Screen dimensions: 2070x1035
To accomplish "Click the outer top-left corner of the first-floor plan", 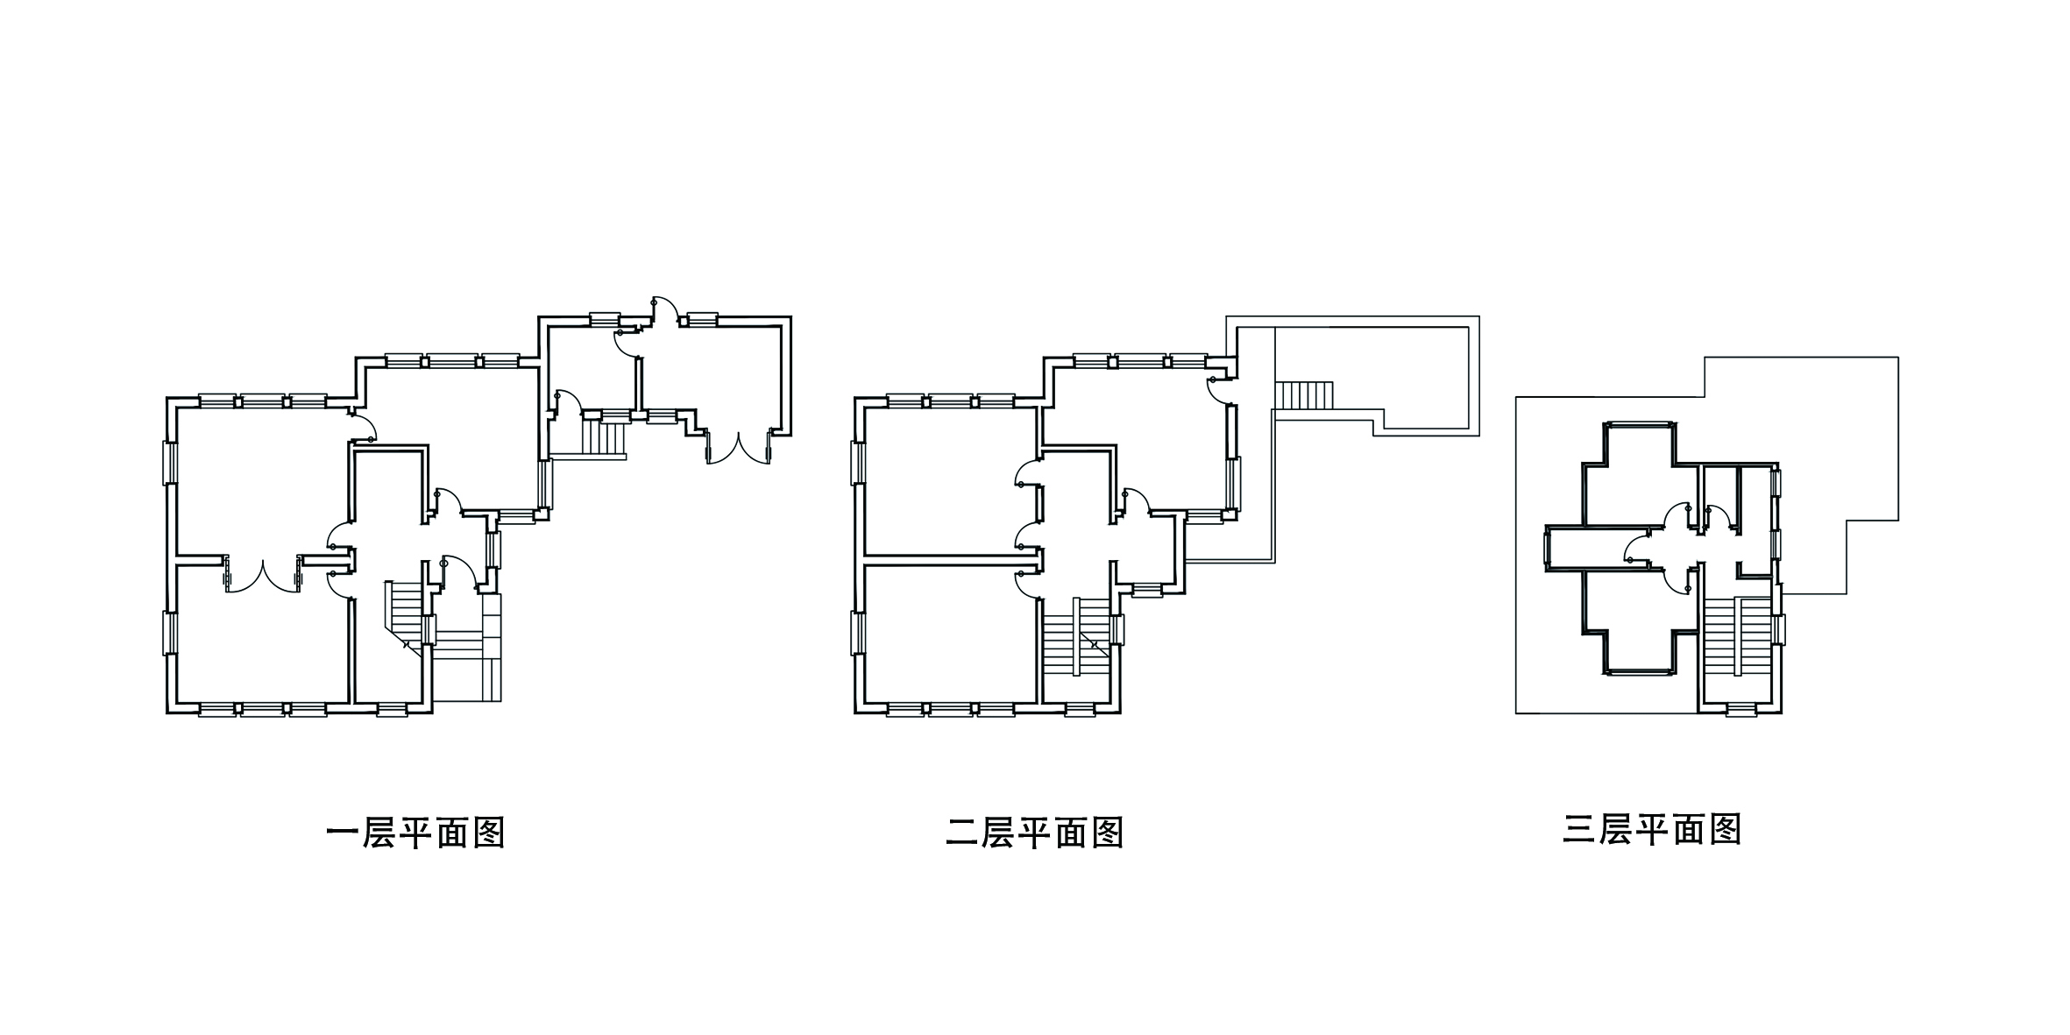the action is (x=167, y=397).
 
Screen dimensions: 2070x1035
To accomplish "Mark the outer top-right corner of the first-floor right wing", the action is (x=791, y=316).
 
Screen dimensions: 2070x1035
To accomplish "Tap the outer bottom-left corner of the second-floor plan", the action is (x=854, y=713).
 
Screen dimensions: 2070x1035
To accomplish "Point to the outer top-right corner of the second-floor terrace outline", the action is (x=1479, y=316).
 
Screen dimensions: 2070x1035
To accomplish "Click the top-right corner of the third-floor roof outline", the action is (x=1898, y=358).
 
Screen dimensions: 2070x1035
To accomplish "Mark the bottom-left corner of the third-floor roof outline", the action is (x=1516, y=713).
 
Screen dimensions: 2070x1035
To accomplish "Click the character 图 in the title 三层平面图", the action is (x=1723, y=829).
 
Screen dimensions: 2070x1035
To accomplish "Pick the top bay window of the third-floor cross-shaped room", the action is (x=1639, y=426).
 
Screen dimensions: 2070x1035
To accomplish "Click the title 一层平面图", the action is (x=415, y=833).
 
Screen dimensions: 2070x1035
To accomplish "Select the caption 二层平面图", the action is (x=1035, y=833).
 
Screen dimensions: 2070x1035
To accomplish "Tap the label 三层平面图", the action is (x=1652, y=829).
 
